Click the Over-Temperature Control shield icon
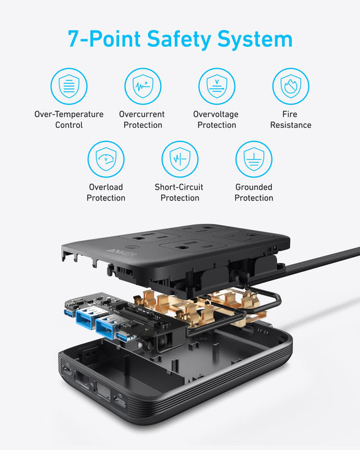point(69,86)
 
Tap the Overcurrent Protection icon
point(143,86)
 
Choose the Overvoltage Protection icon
point(217,86)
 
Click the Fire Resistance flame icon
point(291,86)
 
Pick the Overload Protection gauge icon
point(106,159)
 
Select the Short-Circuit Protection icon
point(179,159)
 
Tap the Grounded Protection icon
point(253,159)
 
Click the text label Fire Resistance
point(291,120)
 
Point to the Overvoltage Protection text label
point(217,120)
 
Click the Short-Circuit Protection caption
point(179,192)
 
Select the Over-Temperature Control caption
point(69,120)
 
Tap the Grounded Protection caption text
point(253,192)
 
